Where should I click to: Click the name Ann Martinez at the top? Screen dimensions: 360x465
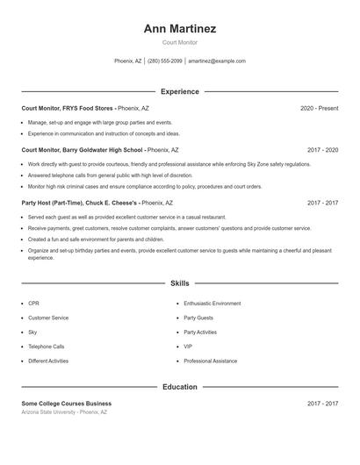point(180,29)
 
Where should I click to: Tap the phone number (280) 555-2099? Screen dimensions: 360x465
point(165,61)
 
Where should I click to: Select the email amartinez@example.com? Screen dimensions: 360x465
point(217,61)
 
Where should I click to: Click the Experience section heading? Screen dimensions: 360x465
point(180,91)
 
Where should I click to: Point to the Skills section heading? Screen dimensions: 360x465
point(180,283)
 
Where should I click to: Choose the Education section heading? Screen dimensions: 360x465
point(180,386)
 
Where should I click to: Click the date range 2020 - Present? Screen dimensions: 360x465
point(319,108)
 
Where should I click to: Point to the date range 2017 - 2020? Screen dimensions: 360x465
point(322,150)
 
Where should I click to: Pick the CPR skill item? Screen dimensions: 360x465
point(33,303)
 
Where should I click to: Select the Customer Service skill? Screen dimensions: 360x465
point(48,318)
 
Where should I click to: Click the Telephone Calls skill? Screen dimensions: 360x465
point(46,347)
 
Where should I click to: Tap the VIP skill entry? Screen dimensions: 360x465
point(188,347)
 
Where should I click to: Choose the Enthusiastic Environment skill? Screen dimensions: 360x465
point(212,303)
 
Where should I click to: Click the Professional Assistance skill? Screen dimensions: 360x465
point(210,361)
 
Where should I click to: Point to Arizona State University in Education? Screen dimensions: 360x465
point(64,411)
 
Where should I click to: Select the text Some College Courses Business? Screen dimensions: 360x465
point(67,403)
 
